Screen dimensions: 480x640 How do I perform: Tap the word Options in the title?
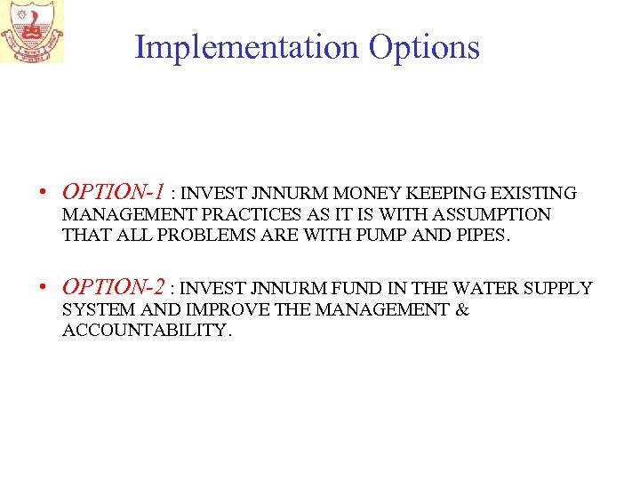point(424,47)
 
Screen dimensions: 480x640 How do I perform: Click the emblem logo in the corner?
point(32,32)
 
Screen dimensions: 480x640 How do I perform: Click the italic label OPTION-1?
point(114,191)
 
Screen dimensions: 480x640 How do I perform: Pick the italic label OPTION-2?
point(114,287)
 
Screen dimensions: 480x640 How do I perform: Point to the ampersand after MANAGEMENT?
point(462,309)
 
